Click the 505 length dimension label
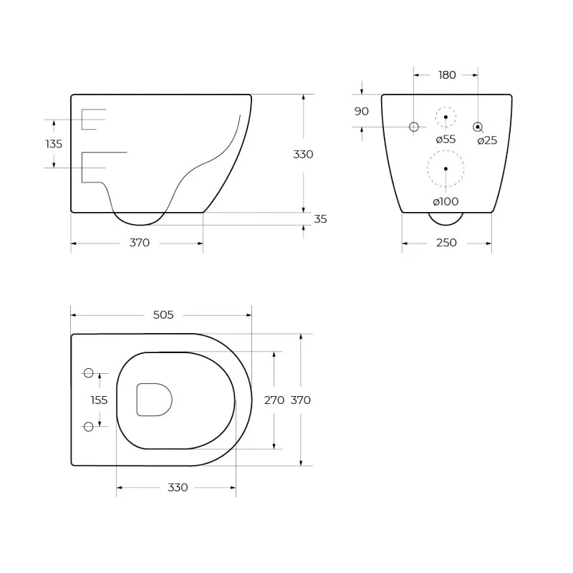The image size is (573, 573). pos(163,314)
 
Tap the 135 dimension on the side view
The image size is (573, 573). pos(54,144)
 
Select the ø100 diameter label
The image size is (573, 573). pos(446,201)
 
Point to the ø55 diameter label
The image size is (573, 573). pos(446,139)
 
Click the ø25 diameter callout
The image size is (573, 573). pos(487,140)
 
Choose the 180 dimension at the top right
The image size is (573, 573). pos(447,75)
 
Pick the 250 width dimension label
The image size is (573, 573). pos(446,243)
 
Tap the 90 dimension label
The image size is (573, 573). pos(362,111)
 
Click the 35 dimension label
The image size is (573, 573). pos(320,219)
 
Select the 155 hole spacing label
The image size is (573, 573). pos(99,400)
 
